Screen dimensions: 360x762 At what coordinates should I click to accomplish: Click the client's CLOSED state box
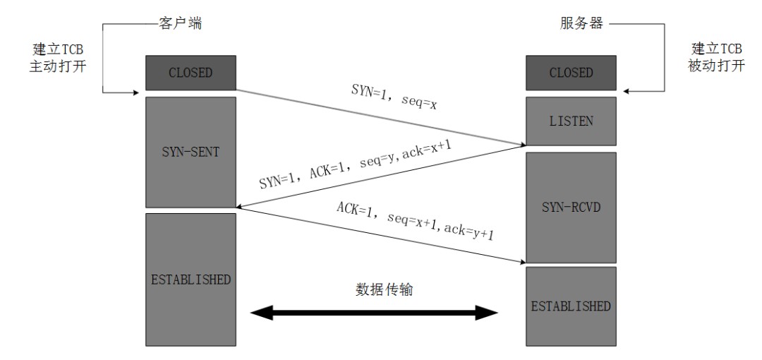(x=190, y=73)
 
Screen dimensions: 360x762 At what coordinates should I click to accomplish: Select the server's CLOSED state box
(x=571, y=73)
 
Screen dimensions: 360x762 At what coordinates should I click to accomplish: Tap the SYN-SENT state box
(x=190, y=151)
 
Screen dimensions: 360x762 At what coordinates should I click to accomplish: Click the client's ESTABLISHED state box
(x=190, y=279)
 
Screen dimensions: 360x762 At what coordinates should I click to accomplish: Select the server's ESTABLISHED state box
(x=571, y=306)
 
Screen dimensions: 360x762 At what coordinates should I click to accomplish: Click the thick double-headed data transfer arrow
(x=374, y=312)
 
